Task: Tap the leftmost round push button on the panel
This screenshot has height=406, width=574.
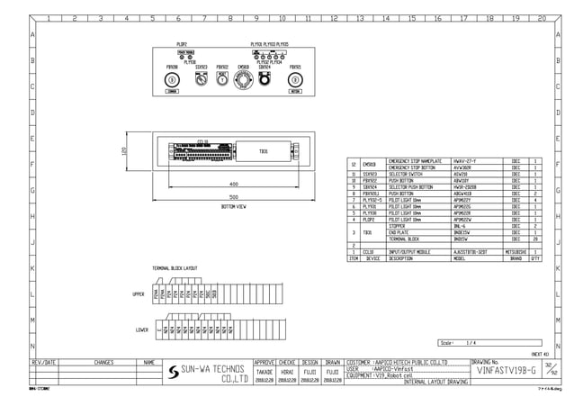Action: pos(172,80)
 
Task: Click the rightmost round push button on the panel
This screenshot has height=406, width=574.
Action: pos(295,80)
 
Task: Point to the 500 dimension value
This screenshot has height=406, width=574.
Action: pos(233,196)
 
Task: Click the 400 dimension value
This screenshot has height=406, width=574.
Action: pos(233,183)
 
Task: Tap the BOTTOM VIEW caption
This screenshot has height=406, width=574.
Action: pos(233,206)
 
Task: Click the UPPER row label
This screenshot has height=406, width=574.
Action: pos(139,294)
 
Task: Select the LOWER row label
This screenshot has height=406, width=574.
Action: pos(141,329)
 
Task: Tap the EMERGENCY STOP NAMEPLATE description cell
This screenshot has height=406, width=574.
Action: pos(418,160)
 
